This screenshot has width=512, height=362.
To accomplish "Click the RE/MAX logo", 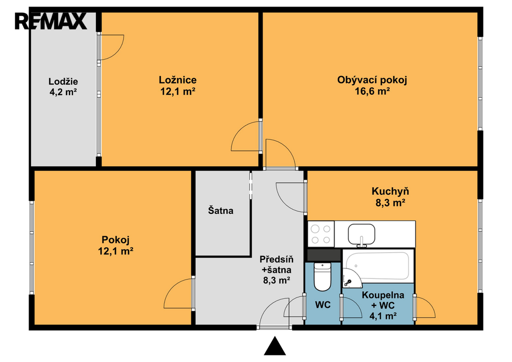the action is [x=51, y=21].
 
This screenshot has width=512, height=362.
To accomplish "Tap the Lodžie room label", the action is [x=63, y=82].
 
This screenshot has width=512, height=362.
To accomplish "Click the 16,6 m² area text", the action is [x=372, y=91].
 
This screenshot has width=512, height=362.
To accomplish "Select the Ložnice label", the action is [x=177, y=80].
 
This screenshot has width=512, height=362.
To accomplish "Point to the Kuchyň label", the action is [x=390, y=191].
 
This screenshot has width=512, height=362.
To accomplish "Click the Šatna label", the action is [x=220, y=210].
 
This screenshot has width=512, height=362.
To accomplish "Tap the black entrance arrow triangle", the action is [x=275, y=345].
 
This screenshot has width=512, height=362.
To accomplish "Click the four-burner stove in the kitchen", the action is [x=321, y=234].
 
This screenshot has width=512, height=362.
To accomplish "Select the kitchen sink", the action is [x=361, y=235].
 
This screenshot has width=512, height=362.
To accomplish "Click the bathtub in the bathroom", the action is [x=378, y=265].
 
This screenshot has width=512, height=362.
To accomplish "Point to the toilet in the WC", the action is [x=322, y=277].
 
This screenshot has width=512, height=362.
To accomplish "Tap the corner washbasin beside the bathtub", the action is [x=351, y=278].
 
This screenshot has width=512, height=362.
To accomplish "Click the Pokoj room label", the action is [x=115, y=240].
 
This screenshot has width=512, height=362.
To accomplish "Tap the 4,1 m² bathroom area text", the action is [x=383, y=316].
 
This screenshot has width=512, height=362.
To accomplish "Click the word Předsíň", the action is [x=276, y=259].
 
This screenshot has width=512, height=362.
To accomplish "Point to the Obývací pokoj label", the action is [x=372, y=80].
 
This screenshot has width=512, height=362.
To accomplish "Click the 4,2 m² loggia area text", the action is [x=63, y=92].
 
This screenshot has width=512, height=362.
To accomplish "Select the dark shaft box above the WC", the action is [x=324, y=255].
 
